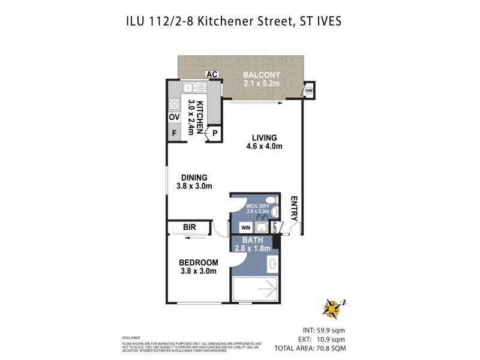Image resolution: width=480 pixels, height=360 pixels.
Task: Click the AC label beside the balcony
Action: click(x=211, y=74)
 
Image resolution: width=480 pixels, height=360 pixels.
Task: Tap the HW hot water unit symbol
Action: click(x=310, y=91)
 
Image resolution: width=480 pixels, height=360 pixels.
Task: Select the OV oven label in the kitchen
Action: click(x=174, y=118)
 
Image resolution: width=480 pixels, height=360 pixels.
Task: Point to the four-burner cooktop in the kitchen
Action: click(x=174, y=103)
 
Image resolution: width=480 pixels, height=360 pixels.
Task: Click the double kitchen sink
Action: click(x=195, y=88)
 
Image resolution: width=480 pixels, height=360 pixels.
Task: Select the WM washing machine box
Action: click(x=245, y=227)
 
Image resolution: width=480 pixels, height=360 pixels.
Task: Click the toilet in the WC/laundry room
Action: click(x=271, y=200)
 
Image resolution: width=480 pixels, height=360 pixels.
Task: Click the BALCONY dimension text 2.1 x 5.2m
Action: click(x=261, y=84)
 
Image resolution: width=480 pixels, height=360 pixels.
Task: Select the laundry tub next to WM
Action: click(x=262, y=227)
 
